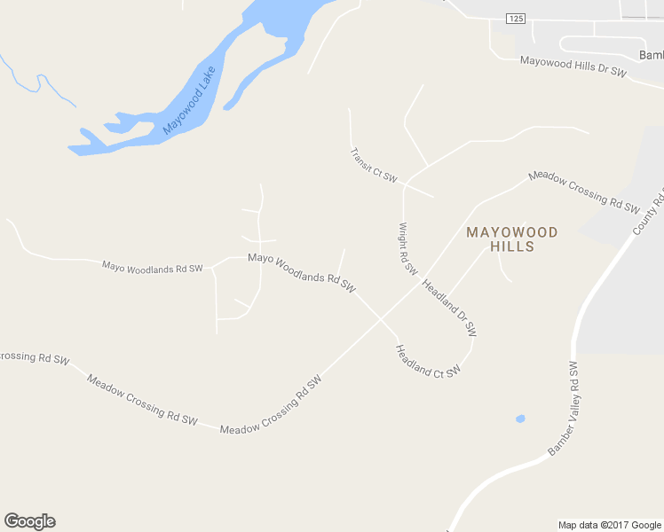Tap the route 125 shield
pyautogui.click(x=515, y=18)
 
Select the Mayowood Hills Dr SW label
pyautogui.click(x=573, y=67)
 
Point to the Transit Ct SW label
pyautogui.click(x=373, y=165)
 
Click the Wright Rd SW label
pyautogui.click(x=407, y=248)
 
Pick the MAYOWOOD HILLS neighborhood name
pyautogui.click(x=512, y=239)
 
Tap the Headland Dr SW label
pyautogui.click(x=450, y=309)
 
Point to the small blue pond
pyautogui.click(x=520, y=419)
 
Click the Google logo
pyautogui.click(x=29, y=521)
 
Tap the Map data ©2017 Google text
pyautogui.click(x=609, y=525)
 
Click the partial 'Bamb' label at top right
pyautogui.click(x=651, y=55)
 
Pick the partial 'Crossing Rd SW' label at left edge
pyautogui.click(x=34, y=357)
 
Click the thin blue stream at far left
pyautogui.click(x=36, y=82)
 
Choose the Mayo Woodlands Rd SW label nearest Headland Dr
pyautogui.click(x=302, y=272)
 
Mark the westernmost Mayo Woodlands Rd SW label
pyautogui.click(x=152, y=266)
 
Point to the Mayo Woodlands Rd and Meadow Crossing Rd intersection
pyautogui.click(x=382, y=318)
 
